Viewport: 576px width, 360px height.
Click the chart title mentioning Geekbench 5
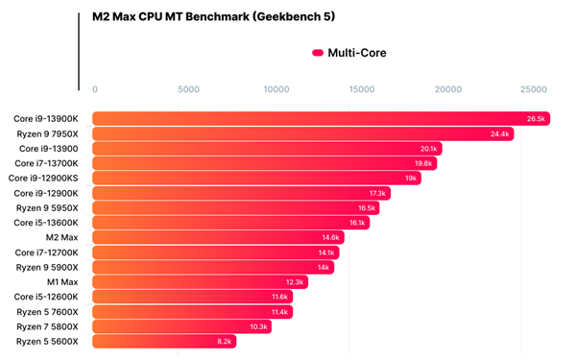click(x=213, y=16)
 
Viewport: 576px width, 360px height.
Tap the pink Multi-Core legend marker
click(x=318, y=53)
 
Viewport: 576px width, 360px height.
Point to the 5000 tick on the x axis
click(x=188, y=89)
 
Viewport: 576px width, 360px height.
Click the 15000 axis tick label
click(x=362, y=89)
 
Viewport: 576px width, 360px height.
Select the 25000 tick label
click(x=534, y=89)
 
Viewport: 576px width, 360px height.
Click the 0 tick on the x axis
click(x=95, y=89)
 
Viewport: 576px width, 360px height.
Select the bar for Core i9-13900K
click(x=321, y=119)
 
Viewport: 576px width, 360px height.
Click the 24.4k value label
click(x=499, y=134)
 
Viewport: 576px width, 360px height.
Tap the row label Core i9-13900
click(x=49, y=149)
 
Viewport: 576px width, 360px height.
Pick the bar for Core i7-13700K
click(x=265, y=163)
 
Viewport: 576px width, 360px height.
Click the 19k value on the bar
click(x=411, y=179)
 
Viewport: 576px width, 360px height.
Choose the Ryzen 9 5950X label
click(x=47, y=208)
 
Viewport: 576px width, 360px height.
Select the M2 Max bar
click(x=218, y=237)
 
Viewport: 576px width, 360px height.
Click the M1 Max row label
click(x=62, y=282)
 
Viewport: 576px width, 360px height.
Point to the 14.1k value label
click(x=326, y=252)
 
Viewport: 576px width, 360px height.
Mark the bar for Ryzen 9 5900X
click(x=213, y=267)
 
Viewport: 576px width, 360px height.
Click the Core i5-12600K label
click(x=46, y=297)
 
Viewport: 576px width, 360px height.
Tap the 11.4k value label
click(x=279, y=312)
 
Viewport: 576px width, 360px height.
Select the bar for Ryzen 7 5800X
click(x=181, y=326)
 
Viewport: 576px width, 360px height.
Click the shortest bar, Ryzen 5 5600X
click(x=164, y=341)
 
